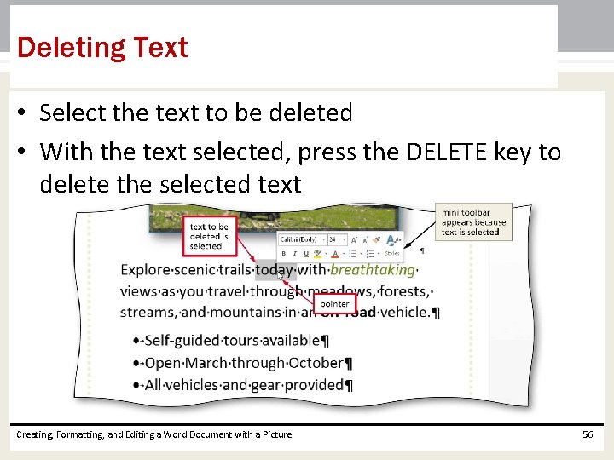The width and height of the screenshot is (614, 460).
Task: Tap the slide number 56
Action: [x=587, y=434]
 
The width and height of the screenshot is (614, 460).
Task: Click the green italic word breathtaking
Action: [x=372, y=270]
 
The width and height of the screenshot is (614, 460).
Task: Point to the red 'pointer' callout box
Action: [x=333, y=303]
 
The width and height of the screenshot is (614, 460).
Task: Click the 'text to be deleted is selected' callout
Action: [x=209, y=236]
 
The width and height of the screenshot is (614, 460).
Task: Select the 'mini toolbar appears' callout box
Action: [x=473, y=221]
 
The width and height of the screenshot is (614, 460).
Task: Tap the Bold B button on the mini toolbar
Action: [x=284, y=253]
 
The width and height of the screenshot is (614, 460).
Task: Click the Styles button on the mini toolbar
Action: [x=391, y=253]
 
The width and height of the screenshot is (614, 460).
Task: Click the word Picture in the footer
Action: [x=275, y=434]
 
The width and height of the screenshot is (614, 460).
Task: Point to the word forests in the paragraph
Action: [x=402, y=290]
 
